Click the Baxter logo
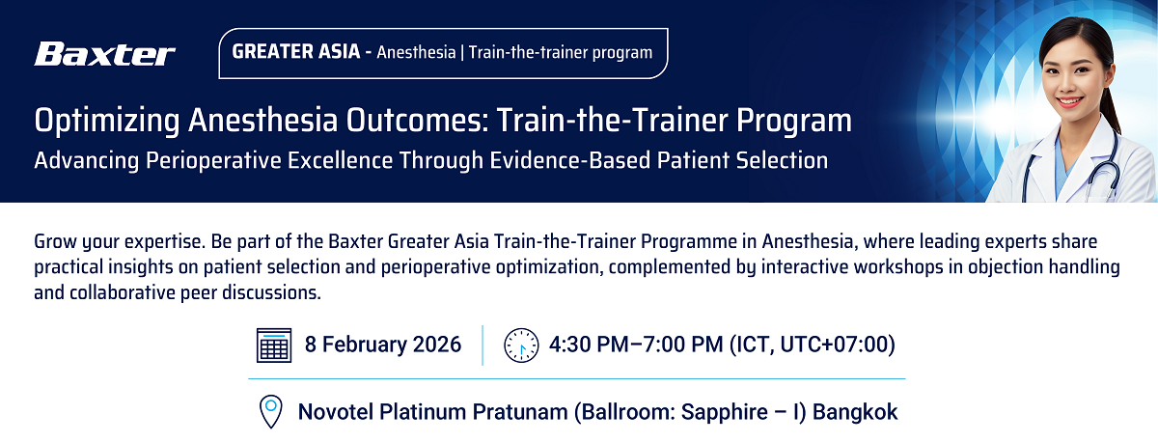click(105, 54)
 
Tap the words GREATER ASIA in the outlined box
click(296, 52)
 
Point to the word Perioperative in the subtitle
click(213, 161)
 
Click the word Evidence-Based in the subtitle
click(570, 160)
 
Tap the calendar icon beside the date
click(274, 345)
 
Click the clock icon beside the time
click(521, 345)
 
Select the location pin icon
click(270, 411)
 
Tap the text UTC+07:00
click(834, 345)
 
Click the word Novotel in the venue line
click(336, 412)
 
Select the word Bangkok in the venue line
click(855, 412)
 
